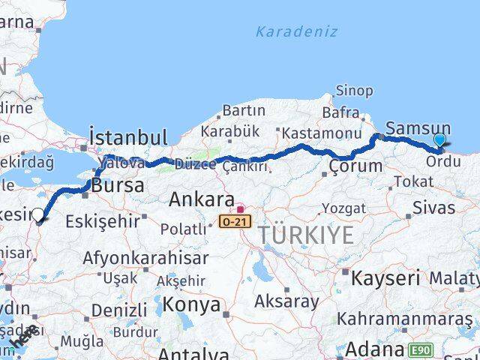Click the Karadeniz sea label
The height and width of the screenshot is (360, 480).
click(296, 31)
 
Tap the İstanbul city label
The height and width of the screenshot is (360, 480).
click(128, 137)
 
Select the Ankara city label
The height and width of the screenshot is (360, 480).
click(201, 199)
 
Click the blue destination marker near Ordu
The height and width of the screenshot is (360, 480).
click(439, 140)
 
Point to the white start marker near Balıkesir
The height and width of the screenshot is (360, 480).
click(38, 215)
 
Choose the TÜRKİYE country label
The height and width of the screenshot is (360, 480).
click(306, 235)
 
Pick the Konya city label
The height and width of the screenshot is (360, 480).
click(192, 304)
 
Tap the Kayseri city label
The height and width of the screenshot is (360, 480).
click(387, 278)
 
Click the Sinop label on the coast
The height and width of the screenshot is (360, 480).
click(354, 91)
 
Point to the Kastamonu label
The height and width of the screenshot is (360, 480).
click(315, 133)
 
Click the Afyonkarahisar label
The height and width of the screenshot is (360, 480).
click(145, 257)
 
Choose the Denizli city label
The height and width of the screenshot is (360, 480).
click(119, 310)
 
